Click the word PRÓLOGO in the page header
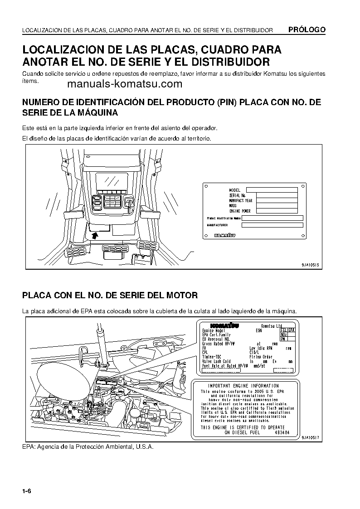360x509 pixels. click(307, 30)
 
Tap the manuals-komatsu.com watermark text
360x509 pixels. click(125, 84)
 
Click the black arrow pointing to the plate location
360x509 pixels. click(95, 235)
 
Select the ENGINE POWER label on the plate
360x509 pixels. click(240, 211)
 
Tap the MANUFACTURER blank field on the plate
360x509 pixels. click(272, 225)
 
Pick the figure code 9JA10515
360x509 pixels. click(311, 265)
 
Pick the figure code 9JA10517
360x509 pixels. click(311, 437)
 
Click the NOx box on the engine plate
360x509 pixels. click(283, 334)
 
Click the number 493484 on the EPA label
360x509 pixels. click(282, 432)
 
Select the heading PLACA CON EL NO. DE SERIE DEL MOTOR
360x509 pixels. click(110, 295)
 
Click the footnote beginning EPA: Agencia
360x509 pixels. click(88, 446)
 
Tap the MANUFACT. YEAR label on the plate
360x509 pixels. click(241, 200)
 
